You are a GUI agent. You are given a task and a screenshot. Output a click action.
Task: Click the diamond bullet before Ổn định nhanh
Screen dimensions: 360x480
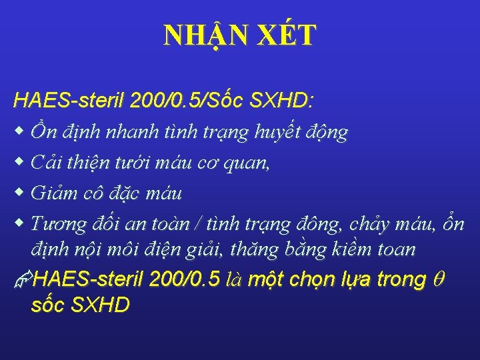(19, 132)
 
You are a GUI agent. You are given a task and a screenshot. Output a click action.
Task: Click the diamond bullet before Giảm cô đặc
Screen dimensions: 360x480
(19, 193)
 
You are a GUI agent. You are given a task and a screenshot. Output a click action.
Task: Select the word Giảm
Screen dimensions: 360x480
(55, 194)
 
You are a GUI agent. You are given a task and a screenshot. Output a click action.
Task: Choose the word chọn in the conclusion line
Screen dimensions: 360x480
(314, 280)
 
